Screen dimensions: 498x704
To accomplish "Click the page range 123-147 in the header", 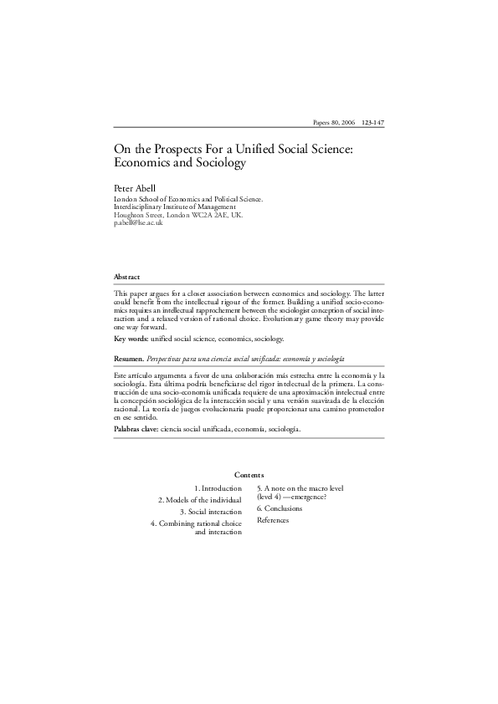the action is tap(372, 122).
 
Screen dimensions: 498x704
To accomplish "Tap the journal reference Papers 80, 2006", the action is tap(333, 122).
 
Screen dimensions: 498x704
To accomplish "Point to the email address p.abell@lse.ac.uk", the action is tap(138, 223).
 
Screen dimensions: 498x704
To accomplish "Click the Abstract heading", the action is tap(127, 277).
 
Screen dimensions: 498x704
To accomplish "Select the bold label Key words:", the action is tap(131, 339).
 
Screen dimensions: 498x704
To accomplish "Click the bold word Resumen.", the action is tap(129, 358).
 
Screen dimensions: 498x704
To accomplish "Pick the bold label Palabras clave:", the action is tap(136, 428).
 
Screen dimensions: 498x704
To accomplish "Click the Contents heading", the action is tap(249, 475).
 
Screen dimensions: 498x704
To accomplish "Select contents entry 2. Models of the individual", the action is tap(200, 500).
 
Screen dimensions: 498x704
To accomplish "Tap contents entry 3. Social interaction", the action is tap(211, 512).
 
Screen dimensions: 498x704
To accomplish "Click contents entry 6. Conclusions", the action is tap(280, 508).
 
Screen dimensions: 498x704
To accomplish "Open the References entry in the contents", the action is tap(273, 520).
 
